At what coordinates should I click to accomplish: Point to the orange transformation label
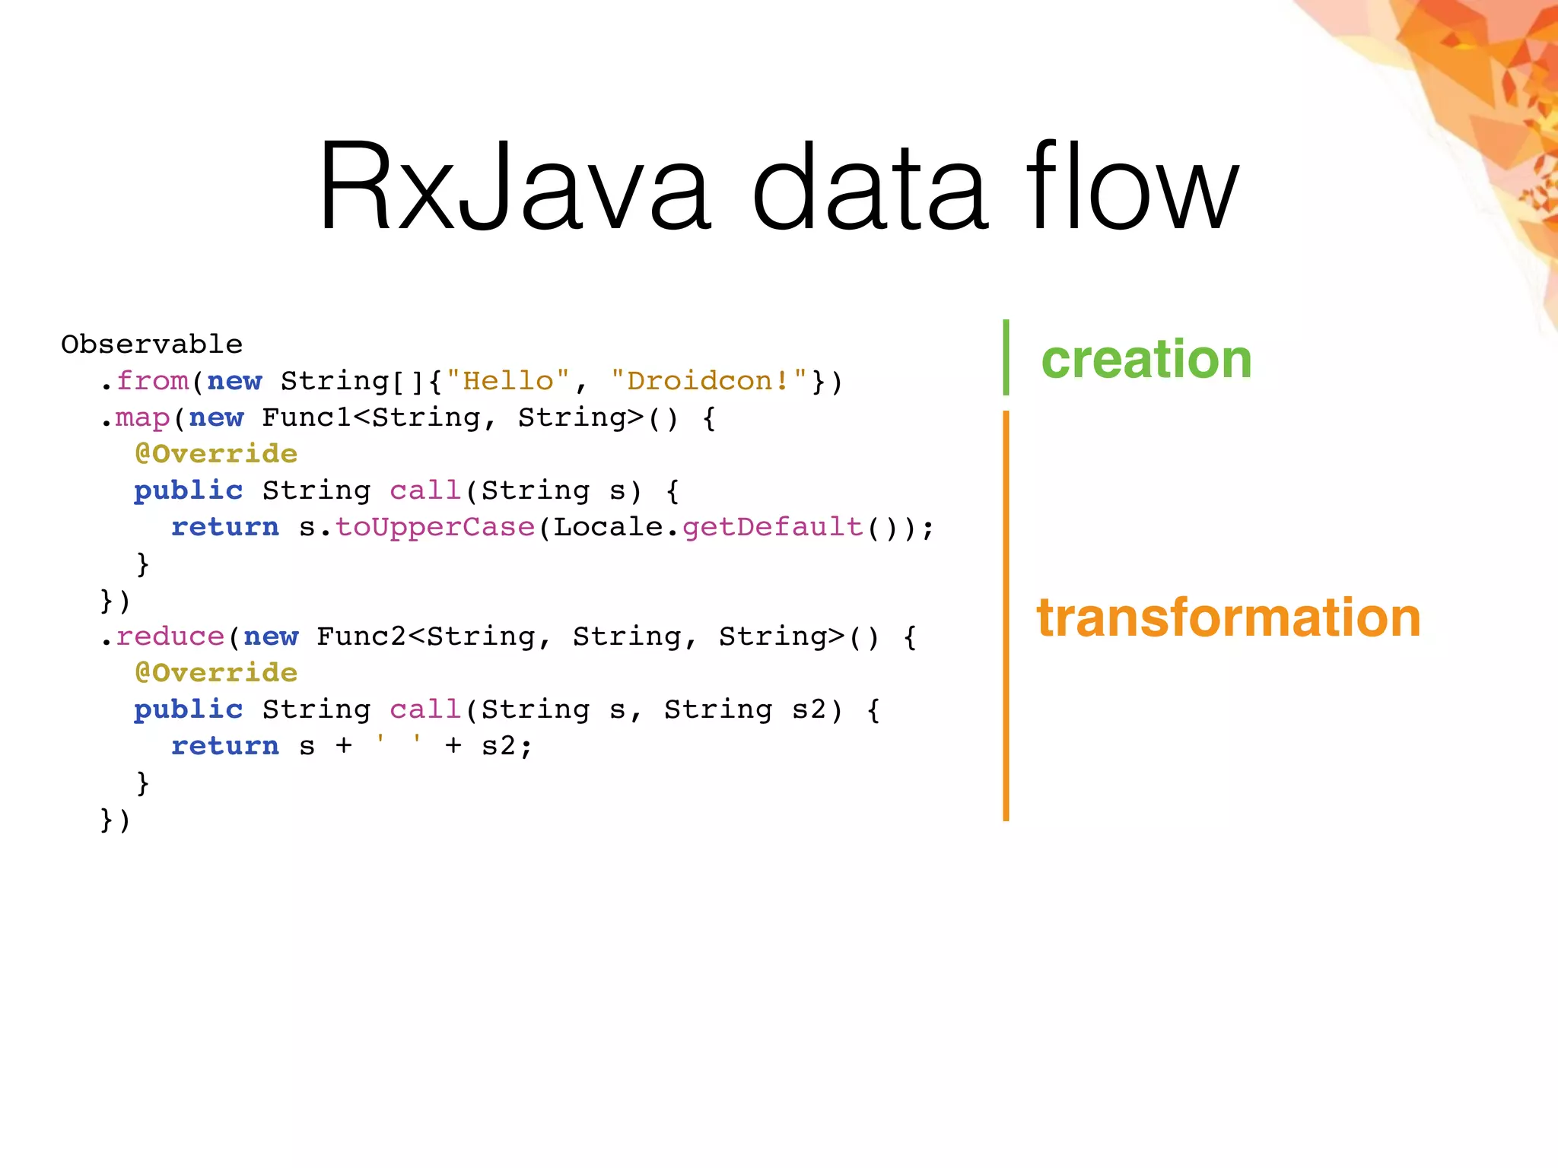point(1228,617)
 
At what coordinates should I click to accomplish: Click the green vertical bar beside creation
point(1006,357)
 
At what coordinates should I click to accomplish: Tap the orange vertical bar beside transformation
point(1006,616)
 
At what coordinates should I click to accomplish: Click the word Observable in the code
point(151,344)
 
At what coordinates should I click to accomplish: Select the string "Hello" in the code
point(508,381)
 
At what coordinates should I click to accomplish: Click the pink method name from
point(152,381)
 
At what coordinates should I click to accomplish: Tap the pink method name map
point(142,417)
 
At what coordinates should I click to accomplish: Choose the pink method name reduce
point(170,636)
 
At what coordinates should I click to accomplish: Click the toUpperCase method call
point(435,527)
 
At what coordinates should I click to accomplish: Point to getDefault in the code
point(773,527)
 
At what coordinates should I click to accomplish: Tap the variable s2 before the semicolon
point(499,746)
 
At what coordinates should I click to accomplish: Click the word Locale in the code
point(609,527)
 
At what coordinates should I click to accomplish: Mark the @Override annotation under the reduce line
point(216,673)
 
